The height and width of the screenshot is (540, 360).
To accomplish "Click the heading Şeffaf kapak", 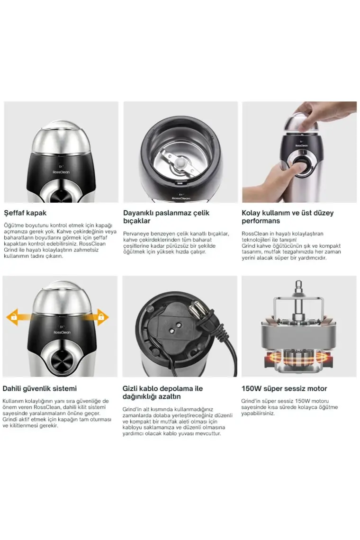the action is point(25,213).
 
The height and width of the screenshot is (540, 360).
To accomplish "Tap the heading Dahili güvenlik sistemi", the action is point(40,388).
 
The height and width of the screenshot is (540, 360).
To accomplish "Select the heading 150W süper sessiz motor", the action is point(284,388).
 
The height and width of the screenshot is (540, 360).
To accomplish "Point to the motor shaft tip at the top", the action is point(297,285).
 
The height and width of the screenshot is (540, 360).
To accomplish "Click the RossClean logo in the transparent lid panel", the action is point(61,172).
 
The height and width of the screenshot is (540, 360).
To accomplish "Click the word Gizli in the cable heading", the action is point(130,388).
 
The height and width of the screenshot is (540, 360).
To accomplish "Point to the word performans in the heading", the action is point(261,221).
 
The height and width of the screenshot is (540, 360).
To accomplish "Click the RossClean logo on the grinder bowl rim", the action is point(181,198).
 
